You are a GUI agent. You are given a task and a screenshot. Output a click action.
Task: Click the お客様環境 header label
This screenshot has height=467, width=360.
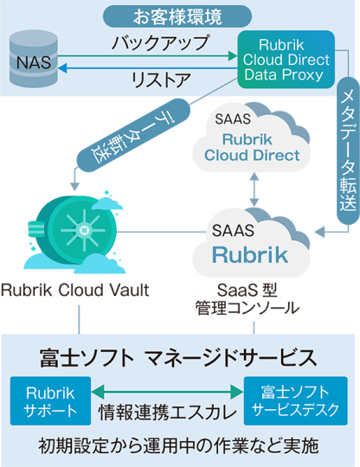pyautogui.click(x=180, y=16)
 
